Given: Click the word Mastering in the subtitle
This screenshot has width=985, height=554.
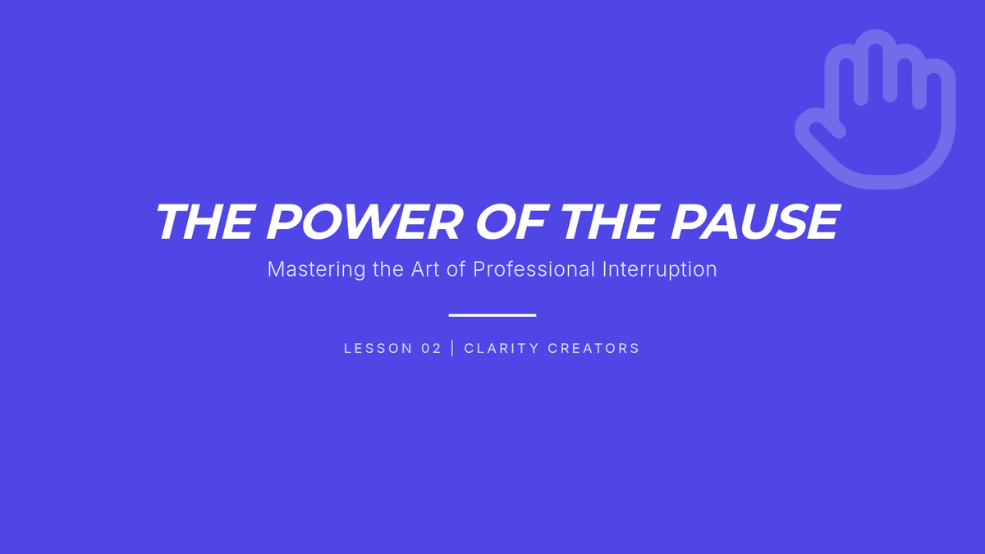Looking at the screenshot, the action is coord(316,269).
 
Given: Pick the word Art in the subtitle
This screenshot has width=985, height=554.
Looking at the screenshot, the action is coord(425,269).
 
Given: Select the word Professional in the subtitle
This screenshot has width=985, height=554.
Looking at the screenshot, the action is coord(534,269).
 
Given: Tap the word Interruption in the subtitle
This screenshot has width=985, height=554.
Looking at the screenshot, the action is coord(660,269).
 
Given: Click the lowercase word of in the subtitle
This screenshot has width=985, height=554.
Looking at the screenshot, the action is coord(456,269).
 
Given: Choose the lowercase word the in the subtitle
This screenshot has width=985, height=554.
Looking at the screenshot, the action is coord(387,269).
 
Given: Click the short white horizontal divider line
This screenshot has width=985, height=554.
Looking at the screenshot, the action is coord(492,315).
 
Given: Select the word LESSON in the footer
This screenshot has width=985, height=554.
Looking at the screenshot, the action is coord(378,348).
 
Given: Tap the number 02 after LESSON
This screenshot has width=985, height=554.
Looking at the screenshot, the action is coord(431,348).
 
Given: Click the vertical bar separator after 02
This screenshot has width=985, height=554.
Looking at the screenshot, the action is coord(453,348).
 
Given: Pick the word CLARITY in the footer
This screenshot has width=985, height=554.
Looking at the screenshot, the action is coord(502,348).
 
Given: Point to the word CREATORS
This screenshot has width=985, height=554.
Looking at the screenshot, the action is coord(593,348).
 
